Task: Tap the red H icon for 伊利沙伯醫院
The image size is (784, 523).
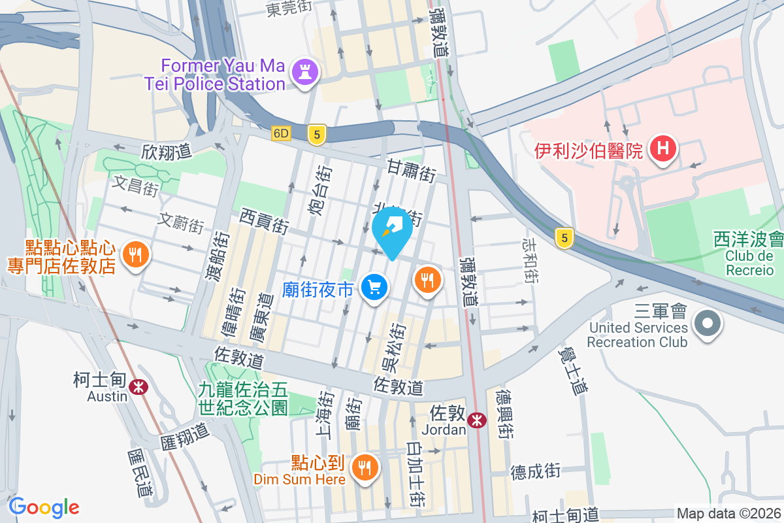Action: click(662, 150)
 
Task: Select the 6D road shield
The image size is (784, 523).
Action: click(281, 133)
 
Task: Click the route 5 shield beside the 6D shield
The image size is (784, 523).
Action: click(317, 135)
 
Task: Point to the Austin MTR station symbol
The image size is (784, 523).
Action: click(138, 387)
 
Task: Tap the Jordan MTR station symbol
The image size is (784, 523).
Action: click(478, 420)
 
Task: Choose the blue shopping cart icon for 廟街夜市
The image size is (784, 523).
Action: click(375, 287)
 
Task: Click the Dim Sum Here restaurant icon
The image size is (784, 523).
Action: click(362, 467)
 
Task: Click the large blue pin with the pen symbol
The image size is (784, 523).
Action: click(393, 229)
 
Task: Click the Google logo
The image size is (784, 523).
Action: click(44, 507)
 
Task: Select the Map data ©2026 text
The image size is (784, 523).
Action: click(728, 514)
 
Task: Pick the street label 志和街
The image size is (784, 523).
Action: click(530, 260)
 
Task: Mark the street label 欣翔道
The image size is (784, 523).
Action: click(166, 152)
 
